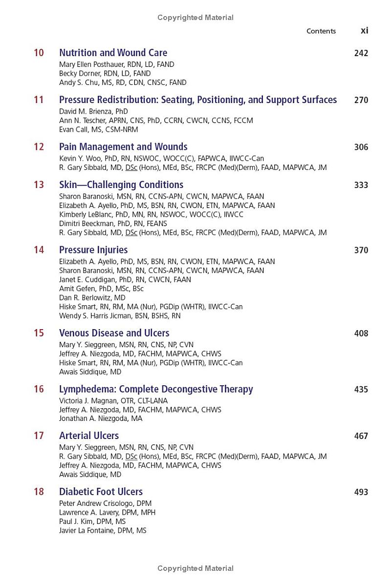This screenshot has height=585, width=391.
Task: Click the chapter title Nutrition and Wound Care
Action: (x=113, y=53)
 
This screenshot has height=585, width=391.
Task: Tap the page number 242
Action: (x=361, y=53)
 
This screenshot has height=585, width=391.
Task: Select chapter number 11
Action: (x=39, y=100)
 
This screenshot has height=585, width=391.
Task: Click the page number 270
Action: (x=361, y=100)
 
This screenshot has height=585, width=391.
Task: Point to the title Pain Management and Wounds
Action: (x=123, y=147)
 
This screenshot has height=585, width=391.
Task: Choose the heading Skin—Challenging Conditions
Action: (x=121, y=185)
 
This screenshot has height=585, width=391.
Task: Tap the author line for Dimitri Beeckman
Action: (x=113, y=224)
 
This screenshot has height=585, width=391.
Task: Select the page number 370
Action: (x=361, y=250)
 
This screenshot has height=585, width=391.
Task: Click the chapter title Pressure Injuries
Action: (x=93, y=250)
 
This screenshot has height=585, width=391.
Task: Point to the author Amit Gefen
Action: (x=101, y=289)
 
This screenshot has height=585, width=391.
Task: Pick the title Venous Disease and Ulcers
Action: (x=114, y=333)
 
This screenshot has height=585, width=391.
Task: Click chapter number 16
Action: (x=39, y=389)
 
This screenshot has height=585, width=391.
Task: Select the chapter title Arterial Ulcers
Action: (x=89, y=436)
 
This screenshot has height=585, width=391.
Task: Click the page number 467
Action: (x=361, y=436)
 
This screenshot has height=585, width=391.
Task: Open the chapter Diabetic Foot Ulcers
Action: (x=101, y=492)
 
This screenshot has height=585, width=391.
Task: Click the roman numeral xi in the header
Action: (x=364, y=30)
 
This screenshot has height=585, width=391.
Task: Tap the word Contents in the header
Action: (x=321, y=31)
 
